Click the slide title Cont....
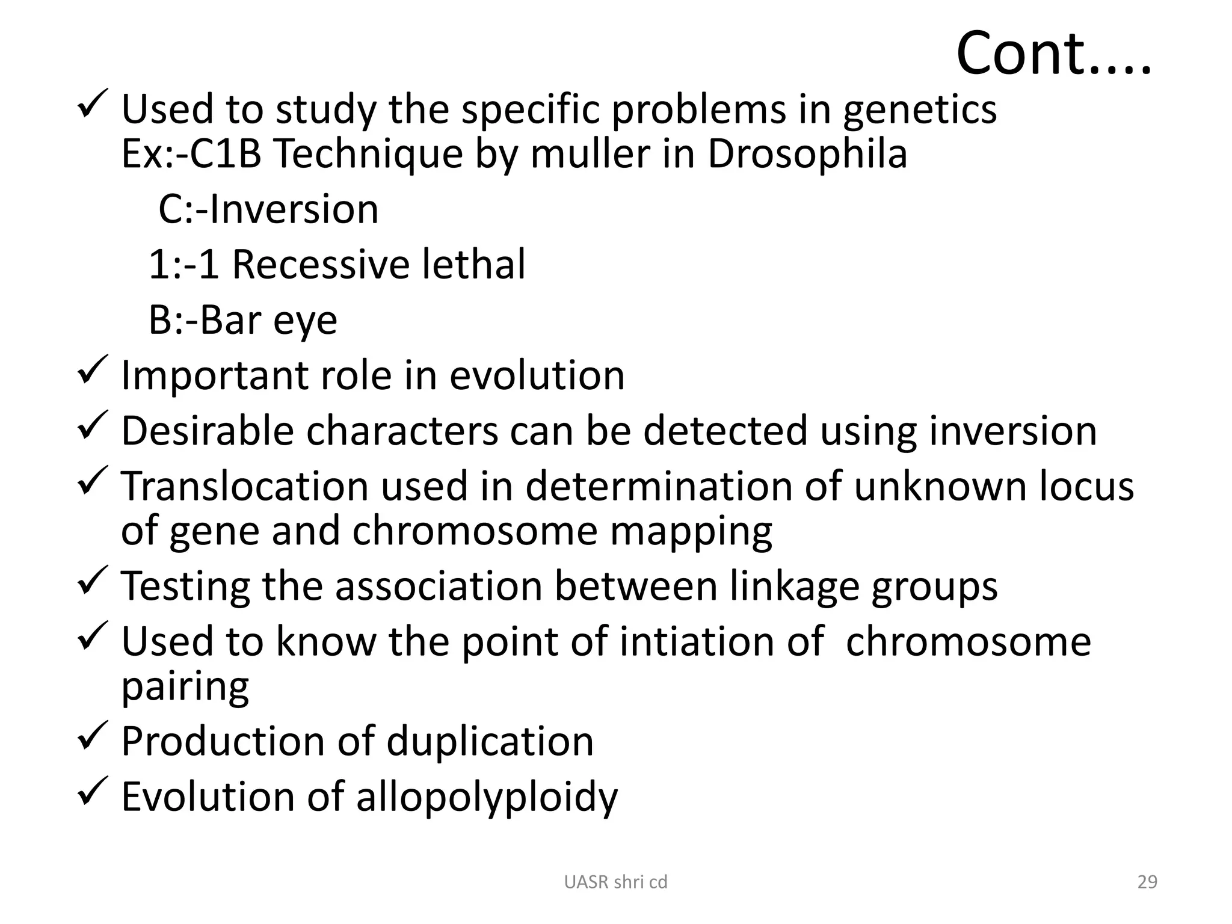point(1053,54)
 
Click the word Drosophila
point(807,154)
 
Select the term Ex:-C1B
point(191,154)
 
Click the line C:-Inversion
point(268,209)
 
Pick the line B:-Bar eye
point(242,320)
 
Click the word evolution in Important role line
point(537,375)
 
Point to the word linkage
point(795,586)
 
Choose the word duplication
point(490,741)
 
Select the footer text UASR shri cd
point(615,882)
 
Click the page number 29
point(1147,882)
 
